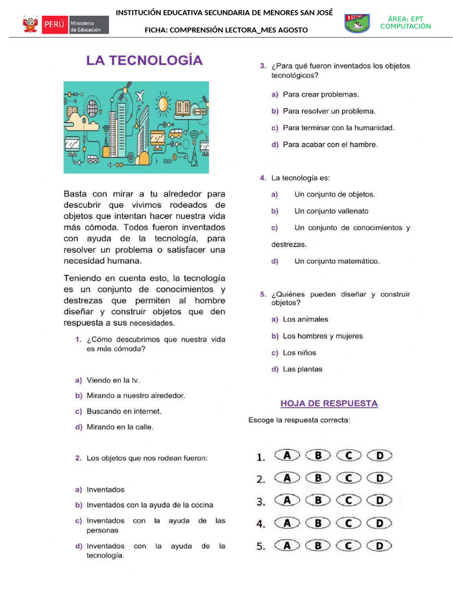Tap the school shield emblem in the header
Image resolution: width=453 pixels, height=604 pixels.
[357, 23]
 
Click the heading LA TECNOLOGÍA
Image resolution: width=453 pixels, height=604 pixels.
[145, 60]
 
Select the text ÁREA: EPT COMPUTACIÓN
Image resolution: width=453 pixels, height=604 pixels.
[405, 23]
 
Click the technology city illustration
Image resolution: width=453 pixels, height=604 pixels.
[136, 127]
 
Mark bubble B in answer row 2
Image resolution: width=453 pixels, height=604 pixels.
[319, 478]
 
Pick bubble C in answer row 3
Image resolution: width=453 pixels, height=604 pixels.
[349, 500]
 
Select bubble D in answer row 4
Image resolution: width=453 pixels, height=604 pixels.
[380, 523]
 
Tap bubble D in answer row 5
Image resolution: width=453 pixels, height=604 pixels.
[380, 546]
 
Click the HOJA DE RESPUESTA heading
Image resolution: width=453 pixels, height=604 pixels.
[329, 403]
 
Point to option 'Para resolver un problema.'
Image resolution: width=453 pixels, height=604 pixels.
[329, 111]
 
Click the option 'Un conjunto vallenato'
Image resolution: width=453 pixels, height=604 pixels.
[331, 211]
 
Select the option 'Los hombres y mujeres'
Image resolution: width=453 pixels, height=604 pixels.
[323, 336]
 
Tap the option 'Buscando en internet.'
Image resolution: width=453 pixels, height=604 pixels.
[124, 411]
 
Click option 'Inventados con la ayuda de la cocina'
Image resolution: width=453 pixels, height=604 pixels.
[150, 505]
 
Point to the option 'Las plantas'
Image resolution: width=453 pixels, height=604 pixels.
[303, 370]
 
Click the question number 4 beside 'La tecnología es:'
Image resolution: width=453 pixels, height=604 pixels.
[262, 178]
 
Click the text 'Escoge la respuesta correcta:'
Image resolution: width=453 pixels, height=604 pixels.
[299, 421]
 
